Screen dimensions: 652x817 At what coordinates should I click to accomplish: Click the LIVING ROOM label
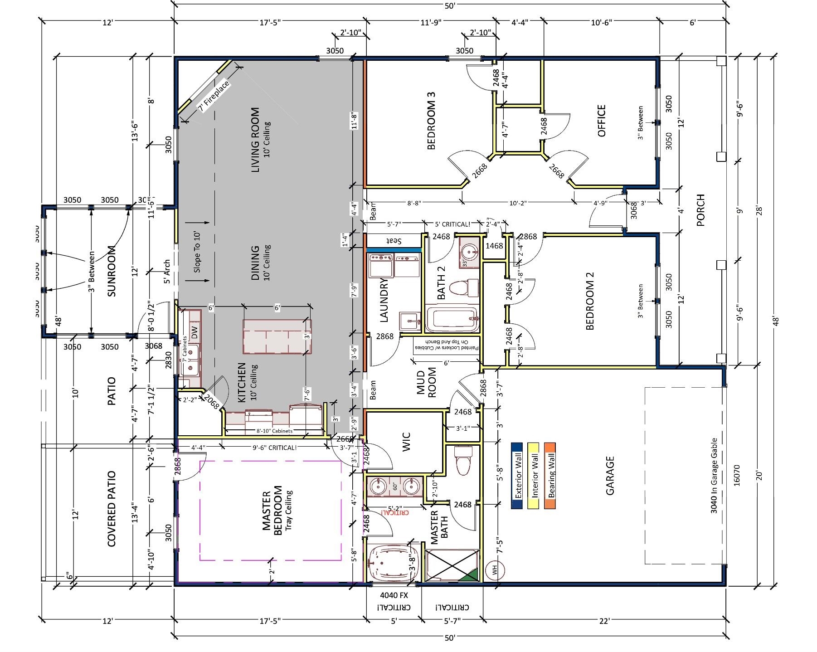tap(255, 140)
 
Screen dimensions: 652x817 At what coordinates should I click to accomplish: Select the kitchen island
tap(277, 336)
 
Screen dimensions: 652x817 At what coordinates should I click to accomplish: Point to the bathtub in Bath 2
tap(452, 320)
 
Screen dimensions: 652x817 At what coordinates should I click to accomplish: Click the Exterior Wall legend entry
tap(517, 476)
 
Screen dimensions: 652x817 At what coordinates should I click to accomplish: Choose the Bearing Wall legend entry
tap(550, 476)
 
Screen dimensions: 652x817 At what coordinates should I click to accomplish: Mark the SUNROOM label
tap(112, 271)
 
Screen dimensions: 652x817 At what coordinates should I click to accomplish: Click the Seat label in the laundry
tap(394, 240)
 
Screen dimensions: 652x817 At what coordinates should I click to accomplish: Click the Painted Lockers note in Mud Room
tap(447, 344)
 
